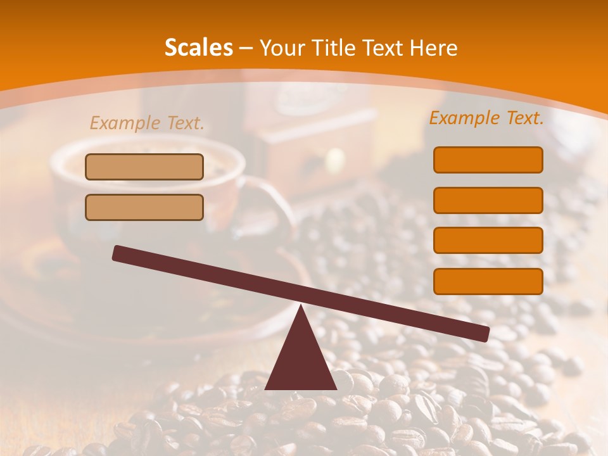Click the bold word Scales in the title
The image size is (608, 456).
(x=198, y=48)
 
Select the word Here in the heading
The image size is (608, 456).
(x=435, y=48)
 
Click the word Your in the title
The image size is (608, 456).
(x=282, y=48)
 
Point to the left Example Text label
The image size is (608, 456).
(x=147, y=123)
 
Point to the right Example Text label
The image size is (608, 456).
(x=486, y=118)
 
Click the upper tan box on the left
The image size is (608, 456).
(x=144, y=167)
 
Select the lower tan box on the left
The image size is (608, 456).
(x=144, y=207)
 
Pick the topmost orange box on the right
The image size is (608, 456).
(x=488, y=160)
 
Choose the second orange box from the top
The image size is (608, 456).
(x=488, y=200)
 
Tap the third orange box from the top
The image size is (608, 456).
(x=488, y=241)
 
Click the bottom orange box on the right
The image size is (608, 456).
(x=488, y=281)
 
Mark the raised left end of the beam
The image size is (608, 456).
(x=117, y=253)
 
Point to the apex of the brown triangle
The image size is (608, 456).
(x=300, y=307)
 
